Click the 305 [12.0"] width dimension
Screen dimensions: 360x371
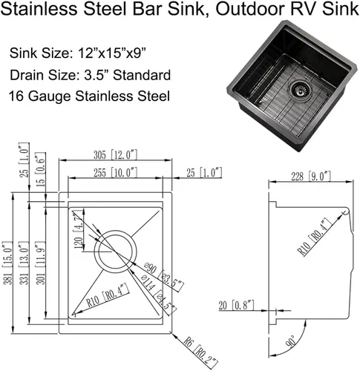coord(115,155)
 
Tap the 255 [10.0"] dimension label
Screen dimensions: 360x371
coord(115,172)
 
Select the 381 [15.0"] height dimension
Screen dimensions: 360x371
coord(7,263)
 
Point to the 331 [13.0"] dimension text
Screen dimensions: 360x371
coord(24,263)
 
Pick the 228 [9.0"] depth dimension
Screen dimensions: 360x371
coord(311,177)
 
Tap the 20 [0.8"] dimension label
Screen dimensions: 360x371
coord(236,305)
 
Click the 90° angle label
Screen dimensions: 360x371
coord(291,341)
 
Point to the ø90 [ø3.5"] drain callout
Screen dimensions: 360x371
coord(164,277)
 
